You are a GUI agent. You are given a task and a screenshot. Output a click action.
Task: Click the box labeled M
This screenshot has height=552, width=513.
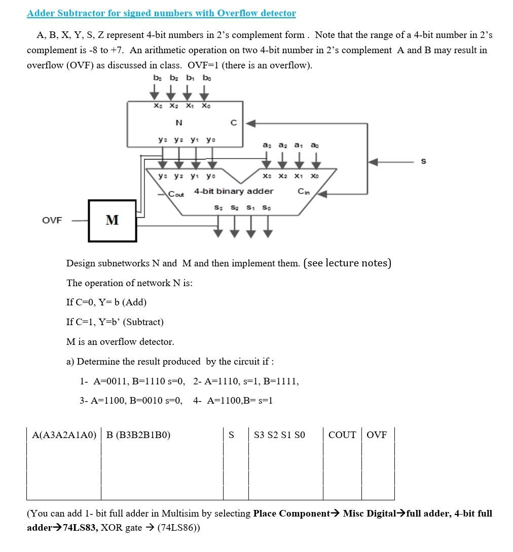pos(112,220)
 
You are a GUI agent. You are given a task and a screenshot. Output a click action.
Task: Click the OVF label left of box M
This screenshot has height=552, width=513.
pos(52,220)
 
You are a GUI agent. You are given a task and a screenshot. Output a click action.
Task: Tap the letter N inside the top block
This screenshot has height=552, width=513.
pos(178,123)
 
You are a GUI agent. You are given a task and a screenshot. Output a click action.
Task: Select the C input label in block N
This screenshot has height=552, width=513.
pos(233,123)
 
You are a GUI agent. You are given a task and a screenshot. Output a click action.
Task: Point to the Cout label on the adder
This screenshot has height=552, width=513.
pos(176,194)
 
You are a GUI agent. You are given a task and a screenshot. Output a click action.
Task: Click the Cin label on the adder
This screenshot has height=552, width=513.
pos(304,192)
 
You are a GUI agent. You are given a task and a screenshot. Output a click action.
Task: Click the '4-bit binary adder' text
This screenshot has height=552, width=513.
pos(234,191)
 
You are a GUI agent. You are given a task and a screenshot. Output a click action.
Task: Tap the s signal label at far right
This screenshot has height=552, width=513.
pos(423,161)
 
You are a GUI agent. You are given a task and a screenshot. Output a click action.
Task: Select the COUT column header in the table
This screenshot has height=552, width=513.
pos(342,435)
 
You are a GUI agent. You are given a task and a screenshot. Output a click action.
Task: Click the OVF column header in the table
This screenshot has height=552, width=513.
pos(377,435)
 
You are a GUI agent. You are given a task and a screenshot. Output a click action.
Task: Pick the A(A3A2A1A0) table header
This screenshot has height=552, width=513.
pos(64,435)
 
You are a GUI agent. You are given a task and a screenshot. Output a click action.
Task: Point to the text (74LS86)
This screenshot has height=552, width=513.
pos(178,527)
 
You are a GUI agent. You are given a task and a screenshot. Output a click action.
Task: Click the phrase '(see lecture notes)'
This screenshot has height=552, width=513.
pos(347,263)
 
